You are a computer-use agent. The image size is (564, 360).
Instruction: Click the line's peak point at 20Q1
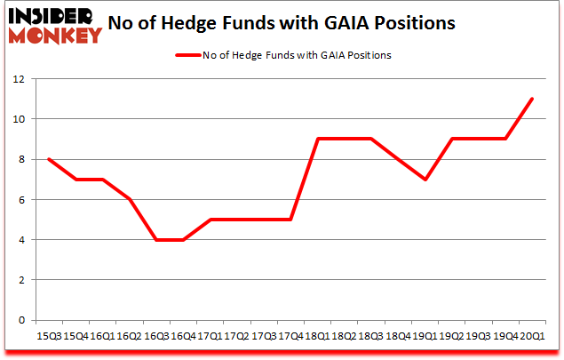click(532, 99)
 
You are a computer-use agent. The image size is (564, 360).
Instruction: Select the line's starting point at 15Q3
click(47, 159)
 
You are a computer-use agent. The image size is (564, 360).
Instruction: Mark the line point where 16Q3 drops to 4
click(155, 240)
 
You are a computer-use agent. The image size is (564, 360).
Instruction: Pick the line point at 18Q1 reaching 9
click(316, 139)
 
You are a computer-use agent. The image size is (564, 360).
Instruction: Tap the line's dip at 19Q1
click(425, 180)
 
